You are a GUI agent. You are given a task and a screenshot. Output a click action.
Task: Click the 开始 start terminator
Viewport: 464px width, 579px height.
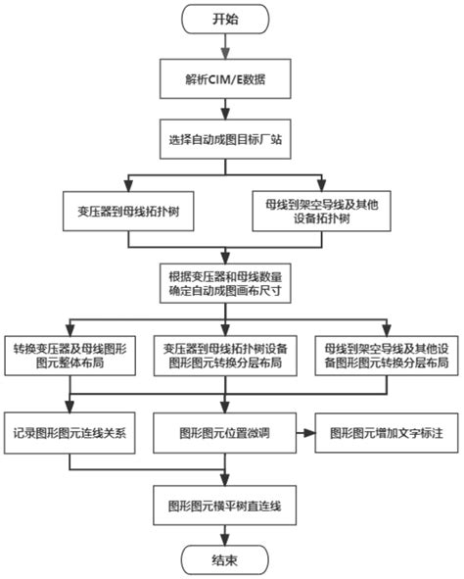(x=224, y=20)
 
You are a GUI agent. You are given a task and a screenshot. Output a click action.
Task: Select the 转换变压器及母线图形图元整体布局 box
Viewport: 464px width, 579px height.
(x=66, y=356)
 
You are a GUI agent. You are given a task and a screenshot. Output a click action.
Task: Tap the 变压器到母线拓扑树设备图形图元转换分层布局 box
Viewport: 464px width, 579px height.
(x=224, y=356)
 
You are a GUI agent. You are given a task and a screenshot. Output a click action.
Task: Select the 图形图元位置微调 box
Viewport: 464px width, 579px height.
(x=224, y=431)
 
